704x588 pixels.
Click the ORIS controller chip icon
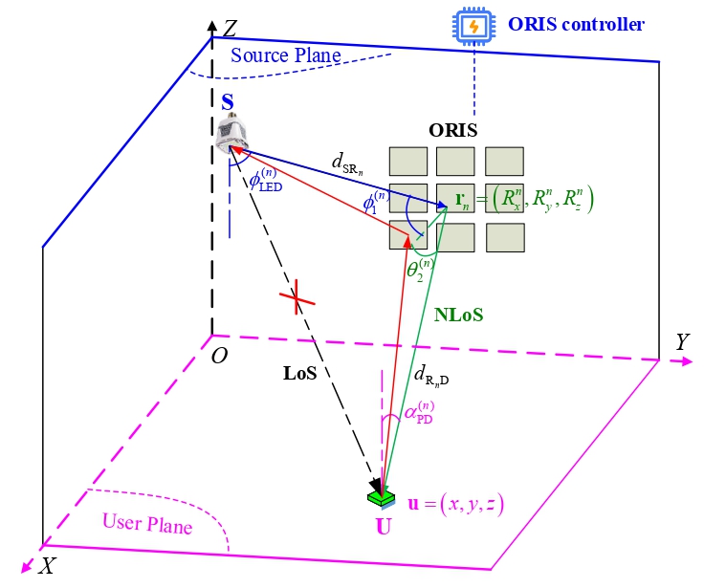[473, 27]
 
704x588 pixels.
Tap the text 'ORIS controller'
[578, 25]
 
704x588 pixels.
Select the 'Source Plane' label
[285, 55]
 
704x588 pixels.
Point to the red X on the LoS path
[296, 300]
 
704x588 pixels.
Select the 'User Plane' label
[148, 525]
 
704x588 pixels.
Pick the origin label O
[219, 357]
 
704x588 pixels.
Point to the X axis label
[45, 565]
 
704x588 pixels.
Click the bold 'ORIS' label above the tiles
[453, 130]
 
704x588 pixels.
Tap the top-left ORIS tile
[407, 160]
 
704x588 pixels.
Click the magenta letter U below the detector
[384, 525]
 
